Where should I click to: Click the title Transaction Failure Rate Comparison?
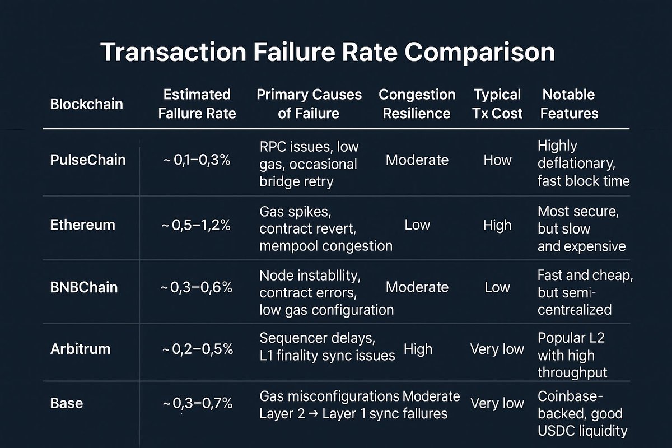(x=328, y=52)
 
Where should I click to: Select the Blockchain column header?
(x=86, y=104)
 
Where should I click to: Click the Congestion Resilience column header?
(x=417, y=104)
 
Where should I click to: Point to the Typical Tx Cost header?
(x=498, y=104)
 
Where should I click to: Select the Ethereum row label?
(x=82, y=225)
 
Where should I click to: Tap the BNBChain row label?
(x=84, y=287)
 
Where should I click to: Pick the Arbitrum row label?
(x=80, y=349)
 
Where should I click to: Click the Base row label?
(x=67, y=403)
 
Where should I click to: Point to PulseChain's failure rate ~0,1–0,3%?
(x=197, y=161)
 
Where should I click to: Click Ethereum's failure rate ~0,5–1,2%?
(x=197, y=225)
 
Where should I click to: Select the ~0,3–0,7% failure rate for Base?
(x=197, y=403)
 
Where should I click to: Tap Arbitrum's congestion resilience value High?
(x=418, y=349)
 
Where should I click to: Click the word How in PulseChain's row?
(x=498, y=160)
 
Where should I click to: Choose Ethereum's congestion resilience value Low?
(x=417, y=225)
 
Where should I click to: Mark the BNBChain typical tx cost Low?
(x=498, y=287)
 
